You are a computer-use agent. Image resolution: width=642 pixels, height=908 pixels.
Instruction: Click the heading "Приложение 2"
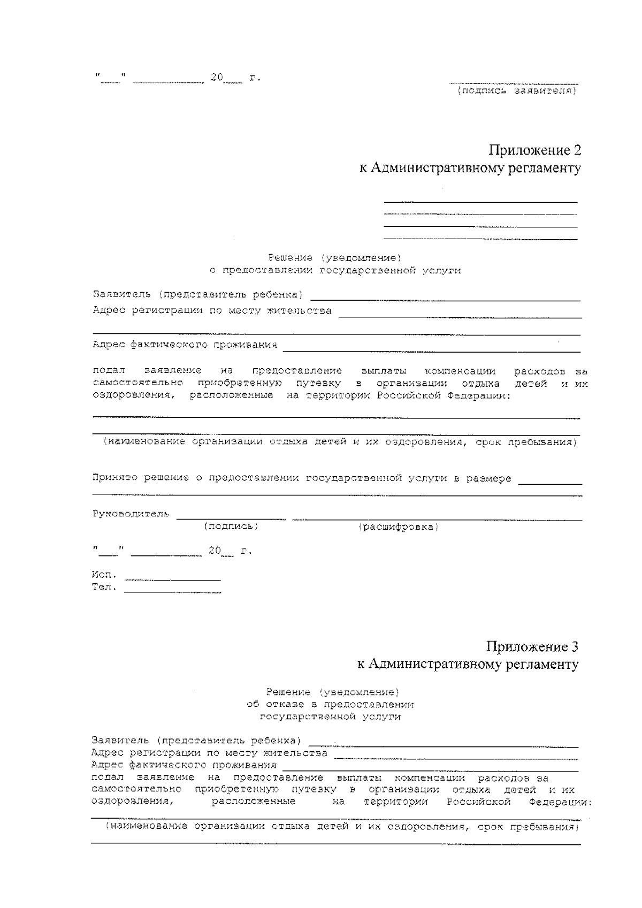pos(534,150)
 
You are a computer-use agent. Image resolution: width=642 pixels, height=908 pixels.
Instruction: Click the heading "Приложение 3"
pos(532,646)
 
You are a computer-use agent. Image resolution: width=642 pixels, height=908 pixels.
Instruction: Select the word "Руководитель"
pos(131,514)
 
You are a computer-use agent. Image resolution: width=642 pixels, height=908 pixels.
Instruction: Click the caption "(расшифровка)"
pos(398,527)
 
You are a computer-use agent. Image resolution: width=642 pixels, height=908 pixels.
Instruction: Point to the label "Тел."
pos(104,587)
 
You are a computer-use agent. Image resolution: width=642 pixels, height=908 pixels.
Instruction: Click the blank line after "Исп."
pos(172,580)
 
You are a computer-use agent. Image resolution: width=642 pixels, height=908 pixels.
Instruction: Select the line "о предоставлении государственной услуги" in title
pos(335,271)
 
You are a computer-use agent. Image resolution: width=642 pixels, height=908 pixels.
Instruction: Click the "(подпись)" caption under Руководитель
pos(231,527)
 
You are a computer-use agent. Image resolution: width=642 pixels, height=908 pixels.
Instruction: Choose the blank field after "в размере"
pos(550,483)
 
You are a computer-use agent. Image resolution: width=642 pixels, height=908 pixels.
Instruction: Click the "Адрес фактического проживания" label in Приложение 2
pos(185,345)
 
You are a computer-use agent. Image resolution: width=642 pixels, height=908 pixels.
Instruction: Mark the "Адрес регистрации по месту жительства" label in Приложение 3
pos(210,753)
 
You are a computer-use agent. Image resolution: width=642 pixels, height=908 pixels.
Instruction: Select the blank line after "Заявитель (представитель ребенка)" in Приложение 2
pos(445,300)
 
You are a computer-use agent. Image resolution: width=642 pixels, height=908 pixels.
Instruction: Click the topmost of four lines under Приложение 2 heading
pos(480,202)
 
